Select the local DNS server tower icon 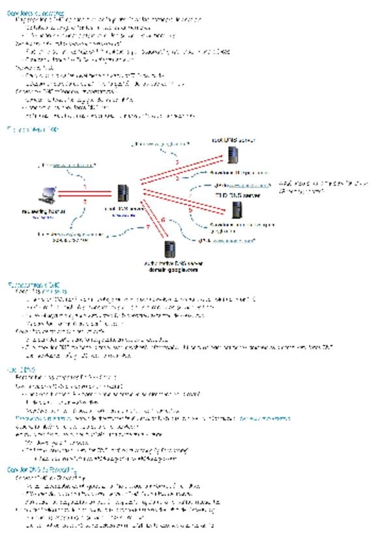click(x=122, y=193)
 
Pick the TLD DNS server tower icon click(x=237, y=210)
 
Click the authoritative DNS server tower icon click(x=171, y=249)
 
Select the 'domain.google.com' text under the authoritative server click(x=173, y=269)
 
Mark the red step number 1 click(x=84, y=188)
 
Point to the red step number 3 click(x=177, y=176)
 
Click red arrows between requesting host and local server click(x=84, y=195)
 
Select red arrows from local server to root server click(x=179, y=169)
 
